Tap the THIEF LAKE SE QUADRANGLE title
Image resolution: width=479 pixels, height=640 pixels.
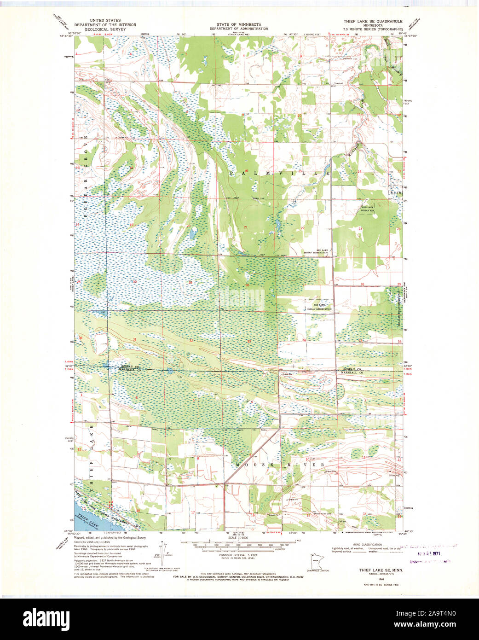(x=373, y=22)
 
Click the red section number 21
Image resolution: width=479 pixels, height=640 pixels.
(x=246, y=227)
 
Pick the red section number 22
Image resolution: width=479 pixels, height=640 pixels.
(x=303, y=228)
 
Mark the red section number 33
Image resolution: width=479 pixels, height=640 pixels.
(x=249, y=341)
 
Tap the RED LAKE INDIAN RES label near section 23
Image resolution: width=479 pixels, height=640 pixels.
(x=368, y=209)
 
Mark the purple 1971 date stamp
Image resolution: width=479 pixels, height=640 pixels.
(x=430, y=554)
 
